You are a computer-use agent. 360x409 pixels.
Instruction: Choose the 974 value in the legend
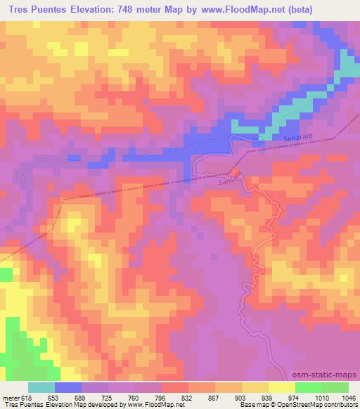click(x=295, y=397)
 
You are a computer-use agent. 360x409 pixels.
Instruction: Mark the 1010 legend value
click(x=321, y=397)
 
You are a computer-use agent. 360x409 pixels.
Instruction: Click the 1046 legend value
click(x=347, y=397)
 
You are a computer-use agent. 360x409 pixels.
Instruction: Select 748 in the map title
click(x=138, y=9)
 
